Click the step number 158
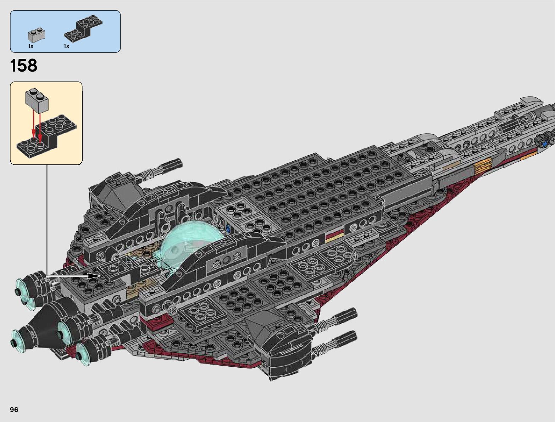point(24,66)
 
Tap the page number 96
point(14,410)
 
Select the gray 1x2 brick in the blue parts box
point(36,35)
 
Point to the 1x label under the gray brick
point(31,46)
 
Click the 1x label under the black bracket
point(66,46)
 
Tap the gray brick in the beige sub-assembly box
point(37,97)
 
